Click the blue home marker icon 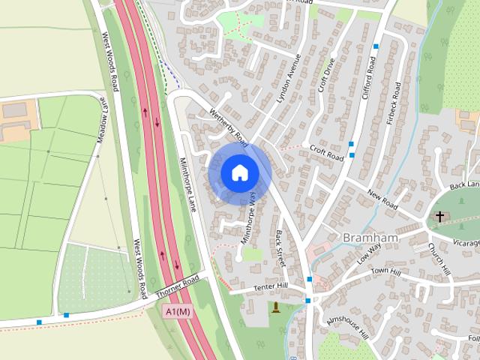pyautogui.click(x=239, y=172)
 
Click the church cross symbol pyautogui.click(x=439, y=217)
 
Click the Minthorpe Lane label pyautogui.click(x=187, y=183)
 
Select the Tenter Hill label pyautogui.click(x=271, y=286)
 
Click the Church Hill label pyautogui.click(x=438, y=258)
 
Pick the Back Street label pyautogui.click(x=280, y=249)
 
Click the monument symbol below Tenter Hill pyautogui.click(x=276, y=307)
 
